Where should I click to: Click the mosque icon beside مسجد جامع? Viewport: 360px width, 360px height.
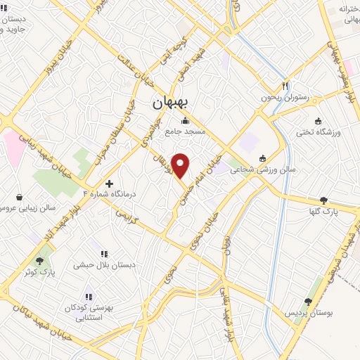185,120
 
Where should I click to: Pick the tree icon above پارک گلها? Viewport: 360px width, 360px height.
323,200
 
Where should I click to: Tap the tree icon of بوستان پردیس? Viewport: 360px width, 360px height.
308,300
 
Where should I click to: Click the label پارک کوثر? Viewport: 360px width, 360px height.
42,271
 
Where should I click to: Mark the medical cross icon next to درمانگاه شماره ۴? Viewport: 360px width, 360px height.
108,184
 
